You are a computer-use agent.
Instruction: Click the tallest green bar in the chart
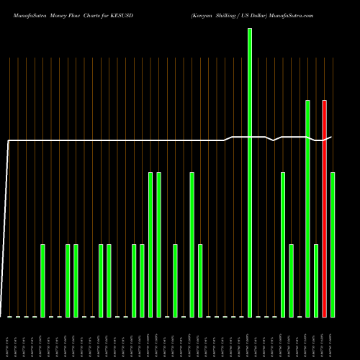[250, 173]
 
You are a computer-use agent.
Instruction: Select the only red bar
[324, 209]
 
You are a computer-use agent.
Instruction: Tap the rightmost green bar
[333, 245]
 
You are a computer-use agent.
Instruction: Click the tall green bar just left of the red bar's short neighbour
[307, 209]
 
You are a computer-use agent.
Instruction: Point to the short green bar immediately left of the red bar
[316, 281]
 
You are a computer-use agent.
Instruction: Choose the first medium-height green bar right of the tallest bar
[283, 245]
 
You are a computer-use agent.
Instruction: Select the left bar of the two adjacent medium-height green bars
[150, 245]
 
